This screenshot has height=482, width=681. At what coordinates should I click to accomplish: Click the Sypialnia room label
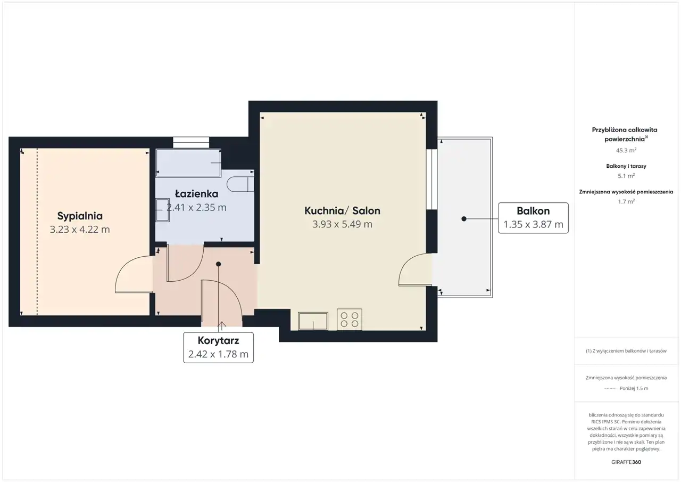(x=80, y=216)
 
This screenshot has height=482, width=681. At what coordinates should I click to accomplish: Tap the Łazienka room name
(x=196, y=193)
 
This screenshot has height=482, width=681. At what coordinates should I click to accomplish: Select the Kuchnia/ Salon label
(x=342, y=210)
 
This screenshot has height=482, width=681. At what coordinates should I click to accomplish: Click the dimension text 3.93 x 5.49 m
(x=342, y=224)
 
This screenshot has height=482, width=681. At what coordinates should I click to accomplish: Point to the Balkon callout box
(x=533, y=218)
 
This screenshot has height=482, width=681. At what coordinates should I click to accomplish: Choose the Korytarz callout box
(x=218, y=347)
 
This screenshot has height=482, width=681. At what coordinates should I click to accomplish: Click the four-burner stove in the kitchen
(x=350, y=320)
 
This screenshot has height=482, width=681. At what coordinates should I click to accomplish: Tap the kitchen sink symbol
(x=313, y=321)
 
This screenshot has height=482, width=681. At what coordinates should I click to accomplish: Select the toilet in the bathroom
(x=240, y=184)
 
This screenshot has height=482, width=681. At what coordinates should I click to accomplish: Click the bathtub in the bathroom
(x=188, y=163)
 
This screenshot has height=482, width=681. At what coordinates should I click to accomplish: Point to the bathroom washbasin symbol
(x=163, y=210)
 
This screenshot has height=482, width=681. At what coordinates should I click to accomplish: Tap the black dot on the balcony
(x=463, y=219)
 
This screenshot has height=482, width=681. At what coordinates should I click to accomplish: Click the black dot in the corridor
(x=218, y=264)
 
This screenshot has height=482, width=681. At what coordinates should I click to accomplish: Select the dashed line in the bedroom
(x=37, y=232)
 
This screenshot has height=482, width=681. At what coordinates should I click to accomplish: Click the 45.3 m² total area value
(x=626, y=150)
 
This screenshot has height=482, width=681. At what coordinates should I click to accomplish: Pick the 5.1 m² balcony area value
(x=626, y=176)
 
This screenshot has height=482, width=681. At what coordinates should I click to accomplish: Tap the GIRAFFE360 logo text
(x=626, y=462)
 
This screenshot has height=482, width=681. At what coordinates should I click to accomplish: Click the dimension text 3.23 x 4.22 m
(x=80, y=230)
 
